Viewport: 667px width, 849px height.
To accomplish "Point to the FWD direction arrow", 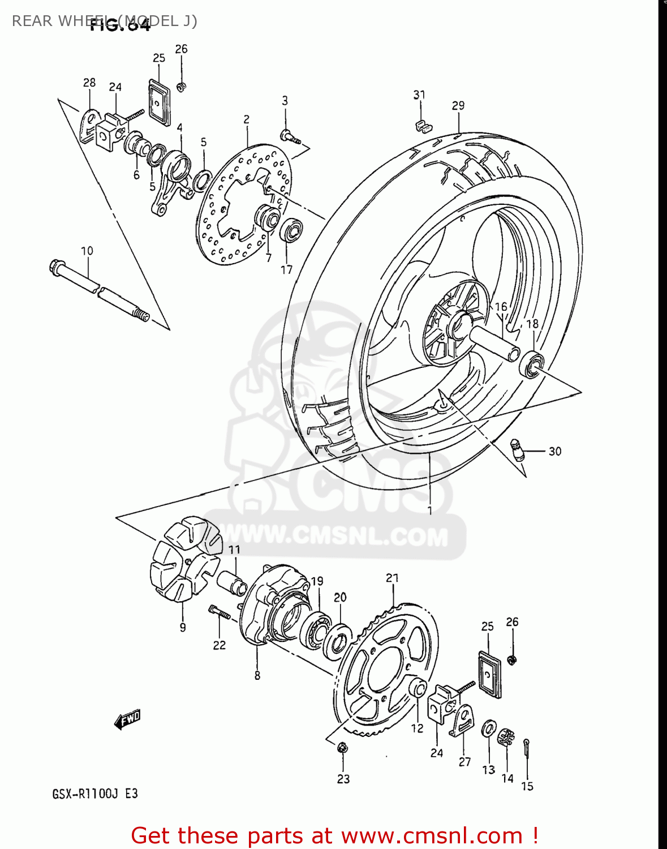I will point(127,720).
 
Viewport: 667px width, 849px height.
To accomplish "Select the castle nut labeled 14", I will point(506,737).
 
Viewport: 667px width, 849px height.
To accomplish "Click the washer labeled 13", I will point(489,729).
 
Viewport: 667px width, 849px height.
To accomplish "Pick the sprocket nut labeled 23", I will point(342,748).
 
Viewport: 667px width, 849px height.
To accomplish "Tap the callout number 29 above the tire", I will point(458,105).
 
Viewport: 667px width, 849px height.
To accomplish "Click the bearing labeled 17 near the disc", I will point(291,230).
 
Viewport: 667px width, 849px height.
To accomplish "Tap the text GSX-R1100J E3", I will point(95,794).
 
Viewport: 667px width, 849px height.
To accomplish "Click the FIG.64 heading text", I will point(121,25).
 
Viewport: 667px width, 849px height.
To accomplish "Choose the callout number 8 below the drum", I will point(257,675).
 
